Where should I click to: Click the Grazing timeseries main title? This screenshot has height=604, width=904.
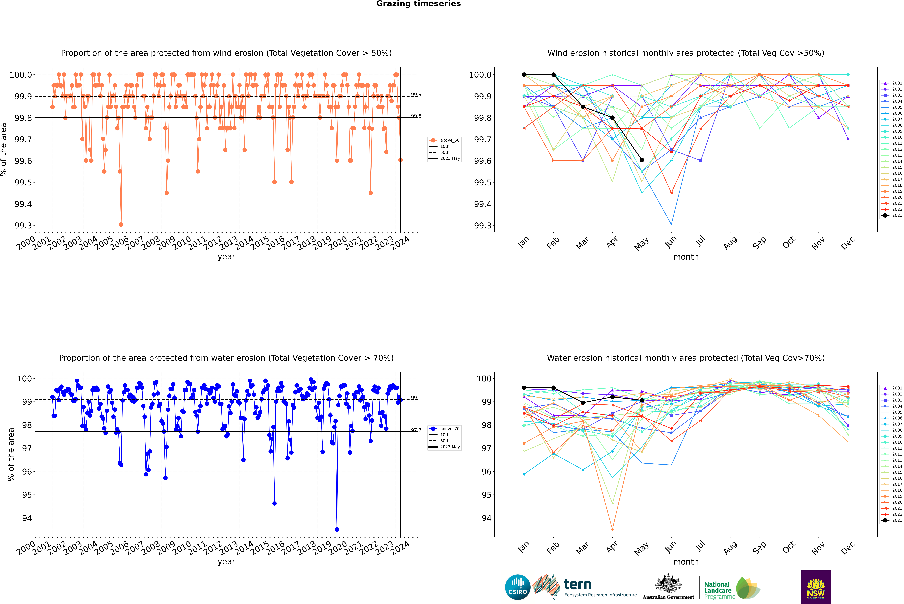pos(418,4)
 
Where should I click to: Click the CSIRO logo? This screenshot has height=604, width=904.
pos(518,587)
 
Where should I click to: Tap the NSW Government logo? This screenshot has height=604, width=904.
pos(816,587)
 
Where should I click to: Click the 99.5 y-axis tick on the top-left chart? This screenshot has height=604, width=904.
pos(23,183)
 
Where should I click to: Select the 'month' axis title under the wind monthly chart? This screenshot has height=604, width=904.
pos(686,257)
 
